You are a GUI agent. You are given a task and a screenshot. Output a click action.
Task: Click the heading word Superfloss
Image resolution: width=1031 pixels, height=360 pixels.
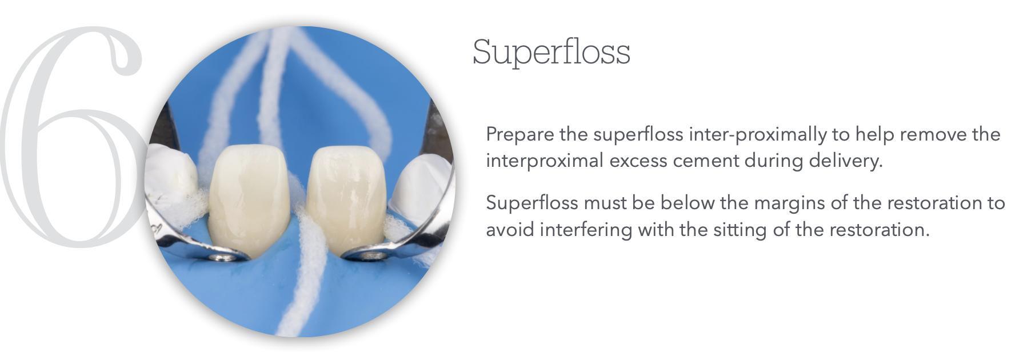(551, 53)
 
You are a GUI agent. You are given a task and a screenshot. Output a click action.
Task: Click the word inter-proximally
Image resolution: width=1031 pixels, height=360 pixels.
(758, 135)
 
